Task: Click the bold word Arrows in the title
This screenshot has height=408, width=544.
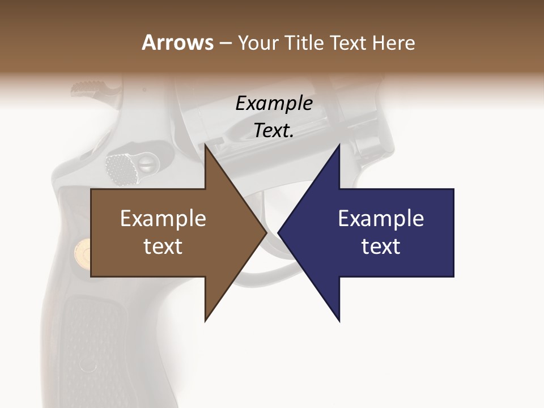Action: click(177, 42)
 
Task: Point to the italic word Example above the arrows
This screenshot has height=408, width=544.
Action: click(274, 103)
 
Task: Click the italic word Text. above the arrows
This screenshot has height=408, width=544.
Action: click(274, 131)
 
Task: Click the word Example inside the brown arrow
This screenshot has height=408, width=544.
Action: click(163, 218)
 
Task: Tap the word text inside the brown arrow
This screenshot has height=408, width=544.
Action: click(163, 246)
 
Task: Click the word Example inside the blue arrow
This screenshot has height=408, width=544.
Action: click(381, 218)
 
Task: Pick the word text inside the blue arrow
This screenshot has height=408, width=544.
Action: click(381, 246)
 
